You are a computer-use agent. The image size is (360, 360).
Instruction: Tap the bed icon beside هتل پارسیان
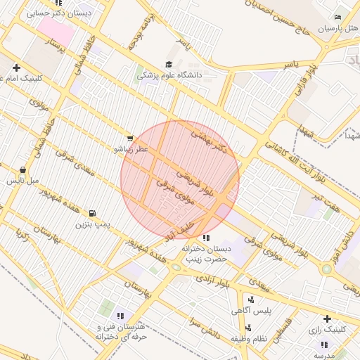[339, 17]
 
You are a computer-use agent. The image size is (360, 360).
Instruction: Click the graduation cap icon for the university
[169, 64]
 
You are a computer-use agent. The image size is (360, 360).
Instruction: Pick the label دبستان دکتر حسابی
[60, 13]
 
